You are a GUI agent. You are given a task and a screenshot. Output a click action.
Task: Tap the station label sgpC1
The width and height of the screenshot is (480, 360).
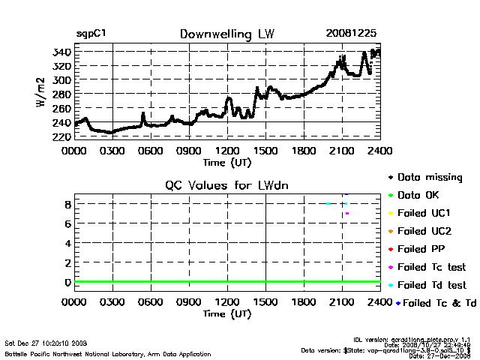tap(91, 34)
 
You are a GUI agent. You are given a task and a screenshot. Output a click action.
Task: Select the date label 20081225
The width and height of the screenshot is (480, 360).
tap(351, 34)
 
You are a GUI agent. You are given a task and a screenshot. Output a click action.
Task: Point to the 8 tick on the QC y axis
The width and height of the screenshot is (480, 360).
tap(67, 204)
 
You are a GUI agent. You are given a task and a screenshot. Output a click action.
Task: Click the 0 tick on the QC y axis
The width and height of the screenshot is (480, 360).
tap(67, 282)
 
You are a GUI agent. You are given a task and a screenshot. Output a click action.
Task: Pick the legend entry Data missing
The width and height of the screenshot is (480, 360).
tap(429, 178)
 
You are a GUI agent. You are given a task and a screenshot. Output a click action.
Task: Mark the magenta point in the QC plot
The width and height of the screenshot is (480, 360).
tap(346, 214)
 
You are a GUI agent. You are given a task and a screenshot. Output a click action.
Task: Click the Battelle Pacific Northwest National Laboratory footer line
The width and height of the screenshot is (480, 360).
tap(107, 353)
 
